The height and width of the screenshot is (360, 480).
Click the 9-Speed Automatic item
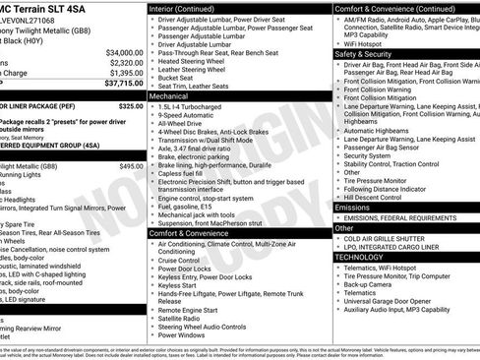[x=187, y=116]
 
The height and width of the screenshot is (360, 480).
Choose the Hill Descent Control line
[x=377, y=197]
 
